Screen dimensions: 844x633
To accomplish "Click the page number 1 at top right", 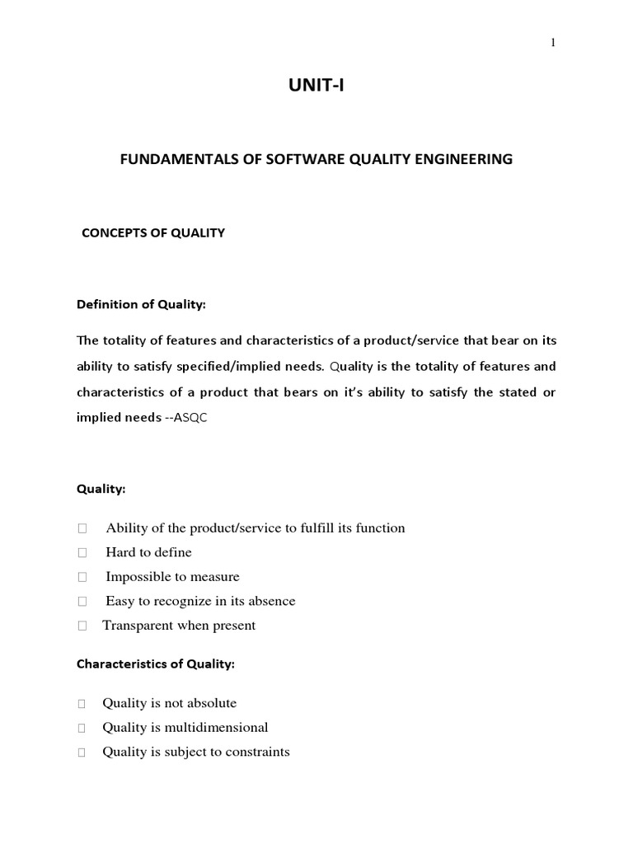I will click(553, 44).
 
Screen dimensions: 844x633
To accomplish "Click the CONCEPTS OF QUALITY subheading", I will click(152, 233).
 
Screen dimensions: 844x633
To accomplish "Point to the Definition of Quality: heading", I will click(141, 305).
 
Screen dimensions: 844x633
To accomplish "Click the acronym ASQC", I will click(191, 418).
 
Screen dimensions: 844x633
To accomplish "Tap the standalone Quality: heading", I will click(101, 490).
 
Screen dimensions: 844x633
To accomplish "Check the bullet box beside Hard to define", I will click(82, 553).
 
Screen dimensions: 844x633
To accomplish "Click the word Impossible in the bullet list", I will click(136, 577).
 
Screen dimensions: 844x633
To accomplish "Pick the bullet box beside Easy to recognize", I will click(82, 602).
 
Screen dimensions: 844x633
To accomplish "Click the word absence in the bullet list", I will click(273, 602).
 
